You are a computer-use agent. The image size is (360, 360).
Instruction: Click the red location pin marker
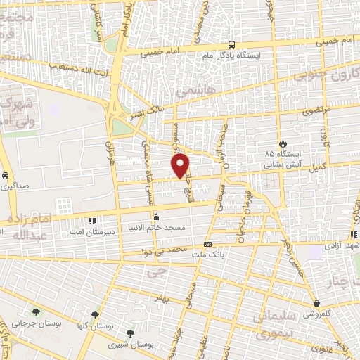(x=181, y=165)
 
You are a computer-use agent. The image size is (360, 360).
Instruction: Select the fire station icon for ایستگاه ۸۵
(x=282, y=141)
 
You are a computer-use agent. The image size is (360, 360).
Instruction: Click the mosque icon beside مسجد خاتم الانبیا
(x=155, y=217)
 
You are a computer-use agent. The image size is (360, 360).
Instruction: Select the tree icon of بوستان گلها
(x=95, y=315)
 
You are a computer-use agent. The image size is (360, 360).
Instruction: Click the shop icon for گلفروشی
(x=317, y=304)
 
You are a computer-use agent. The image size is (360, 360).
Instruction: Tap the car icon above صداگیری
(x=6, y=175)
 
